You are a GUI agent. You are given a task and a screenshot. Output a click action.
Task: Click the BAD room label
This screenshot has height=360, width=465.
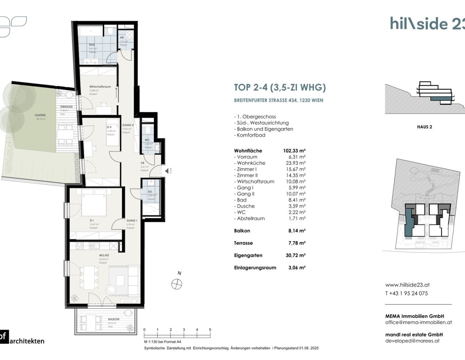(92, 44)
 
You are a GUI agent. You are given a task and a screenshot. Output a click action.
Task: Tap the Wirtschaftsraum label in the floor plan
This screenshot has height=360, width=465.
(100, 87)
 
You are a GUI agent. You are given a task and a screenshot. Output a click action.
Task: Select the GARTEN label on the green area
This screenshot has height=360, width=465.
(40, 115)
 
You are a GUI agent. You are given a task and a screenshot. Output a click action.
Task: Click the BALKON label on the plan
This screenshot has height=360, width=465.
(114, 319)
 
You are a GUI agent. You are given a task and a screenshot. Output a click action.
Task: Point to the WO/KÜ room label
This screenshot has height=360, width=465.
(104, 255)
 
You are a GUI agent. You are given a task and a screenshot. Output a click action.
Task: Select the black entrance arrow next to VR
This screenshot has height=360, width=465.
(167, 171)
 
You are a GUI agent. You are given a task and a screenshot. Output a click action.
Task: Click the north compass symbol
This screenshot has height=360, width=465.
(176, 284)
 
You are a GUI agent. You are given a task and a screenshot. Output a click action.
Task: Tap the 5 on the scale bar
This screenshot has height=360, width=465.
(210, 330)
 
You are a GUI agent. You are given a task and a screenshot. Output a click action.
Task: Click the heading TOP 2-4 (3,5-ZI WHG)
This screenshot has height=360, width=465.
(280, 87)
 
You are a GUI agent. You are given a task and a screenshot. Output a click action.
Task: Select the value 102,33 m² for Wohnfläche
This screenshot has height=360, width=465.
(294, 151)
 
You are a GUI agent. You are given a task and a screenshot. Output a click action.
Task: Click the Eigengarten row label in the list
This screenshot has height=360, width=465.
(248, 255)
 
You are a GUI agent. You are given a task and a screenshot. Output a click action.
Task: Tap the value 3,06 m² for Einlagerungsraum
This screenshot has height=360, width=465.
(297, 268)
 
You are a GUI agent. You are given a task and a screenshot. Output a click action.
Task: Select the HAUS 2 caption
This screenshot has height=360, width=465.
(424, 127)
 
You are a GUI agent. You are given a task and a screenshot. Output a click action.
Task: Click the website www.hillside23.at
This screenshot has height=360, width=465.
(407, 285)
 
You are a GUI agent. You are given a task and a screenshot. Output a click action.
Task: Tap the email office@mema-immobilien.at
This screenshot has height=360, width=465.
(418, 322)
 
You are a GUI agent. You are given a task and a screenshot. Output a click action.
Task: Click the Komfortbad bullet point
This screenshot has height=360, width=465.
(251, 135)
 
